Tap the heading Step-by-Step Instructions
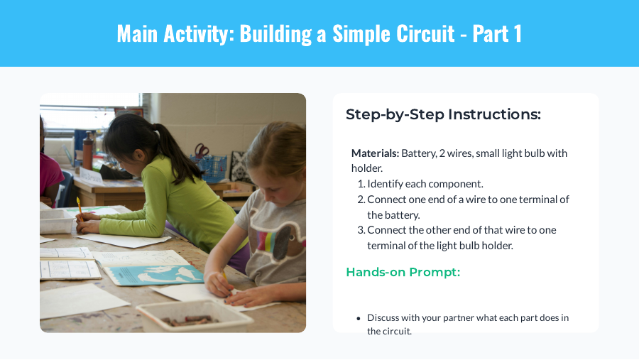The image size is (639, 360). coord(443,114)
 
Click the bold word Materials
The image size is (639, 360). coord(375,153)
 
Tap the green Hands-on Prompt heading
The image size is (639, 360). coord(403,272)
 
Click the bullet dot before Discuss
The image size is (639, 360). coord(359,318)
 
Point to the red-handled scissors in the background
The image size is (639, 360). coord(202,151)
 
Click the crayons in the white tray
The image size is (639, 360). coord(190,320)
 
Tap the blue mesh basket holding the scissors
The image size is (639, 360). coord(212,168)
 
